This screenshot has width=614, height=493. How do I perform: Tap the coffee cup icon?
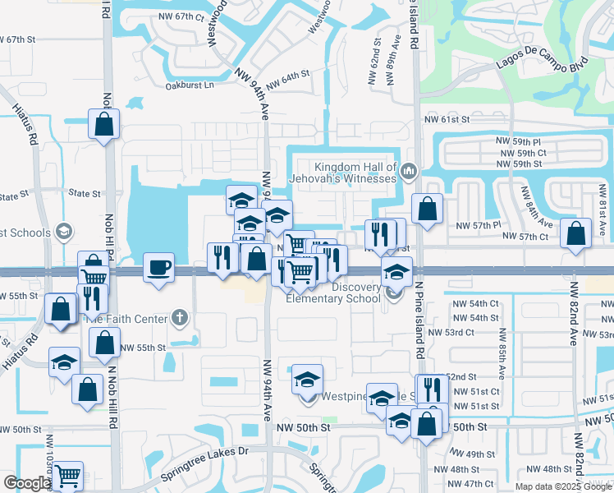158,267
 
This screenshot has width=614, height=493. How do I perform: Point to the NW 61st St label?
447,120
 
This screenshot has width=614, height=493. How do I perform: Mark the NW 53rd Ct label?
475,332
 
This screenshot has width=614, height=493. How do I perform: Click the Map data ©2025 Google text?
563,486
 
